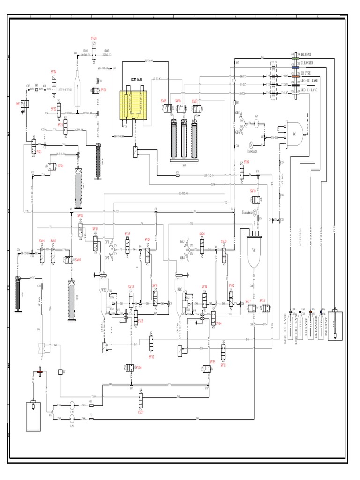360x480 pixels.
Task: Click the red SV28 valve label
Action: (x=94, y=38)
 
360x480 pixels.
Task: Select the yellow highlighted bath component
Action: (x=136, y=105)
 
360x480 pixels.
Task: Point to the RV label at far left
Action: (x=18, y=103)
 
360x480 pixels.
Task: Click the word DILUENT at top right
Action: (x=307, y=55)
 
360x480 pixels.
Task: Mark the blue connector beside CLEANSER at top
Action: (x=295, y=67)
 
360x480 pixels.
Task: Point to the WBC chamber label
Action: (x=104, y=290)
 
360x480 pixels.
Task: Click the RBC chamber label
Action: (x=180, y=290)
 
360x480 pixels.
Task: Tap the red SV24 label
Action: (x=53, y=72)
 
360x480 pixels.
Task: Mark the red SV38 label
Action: (x=262, y=300)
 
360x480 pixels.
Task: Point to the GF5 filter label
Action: (x=238, y=113)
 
